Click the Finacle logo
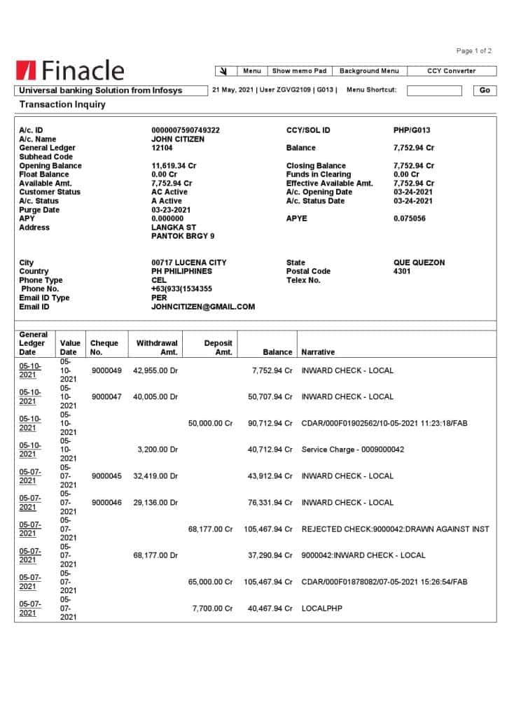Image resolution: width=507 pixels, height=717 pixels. coord(69,71)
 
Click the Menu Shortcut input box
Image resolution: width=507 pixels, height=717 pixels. coord(434,90)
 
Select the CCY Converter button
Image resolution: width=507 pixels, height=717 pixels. coord(451,71)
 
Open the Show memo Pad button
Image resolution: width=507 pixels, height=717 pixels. coord(299,71)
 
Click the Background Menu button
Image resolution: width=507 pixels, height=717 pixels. coord(369,71)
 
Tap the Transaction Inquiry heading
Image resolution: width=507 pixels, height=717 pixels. coord(62,104)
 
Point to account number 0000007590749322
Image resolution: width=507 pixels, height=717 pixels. coord(186,130)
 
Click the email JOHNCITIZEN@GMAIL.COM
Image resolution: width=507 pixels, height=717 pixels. coord(203,307)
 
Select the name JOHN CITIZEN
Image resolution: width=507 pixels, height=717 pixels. coord(178,139)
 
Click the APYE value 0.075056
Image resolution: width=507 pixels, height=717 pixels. coord(409,218)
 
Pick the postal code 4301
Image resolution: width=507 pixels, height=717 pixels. coord(402,271)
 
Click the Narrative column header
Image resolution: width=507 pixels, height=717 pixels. coord(318,352)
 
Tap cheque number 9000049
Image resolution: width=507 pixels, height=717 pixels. coord(106,370)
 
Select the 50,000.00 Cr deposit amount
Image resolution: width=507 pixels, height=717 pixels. coord(211,424)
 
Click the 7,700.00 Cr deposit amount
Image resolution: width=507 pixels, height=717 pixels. coord(213,608)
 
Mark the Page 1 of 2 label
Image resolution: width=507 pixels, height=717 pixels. coord(473,51)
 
